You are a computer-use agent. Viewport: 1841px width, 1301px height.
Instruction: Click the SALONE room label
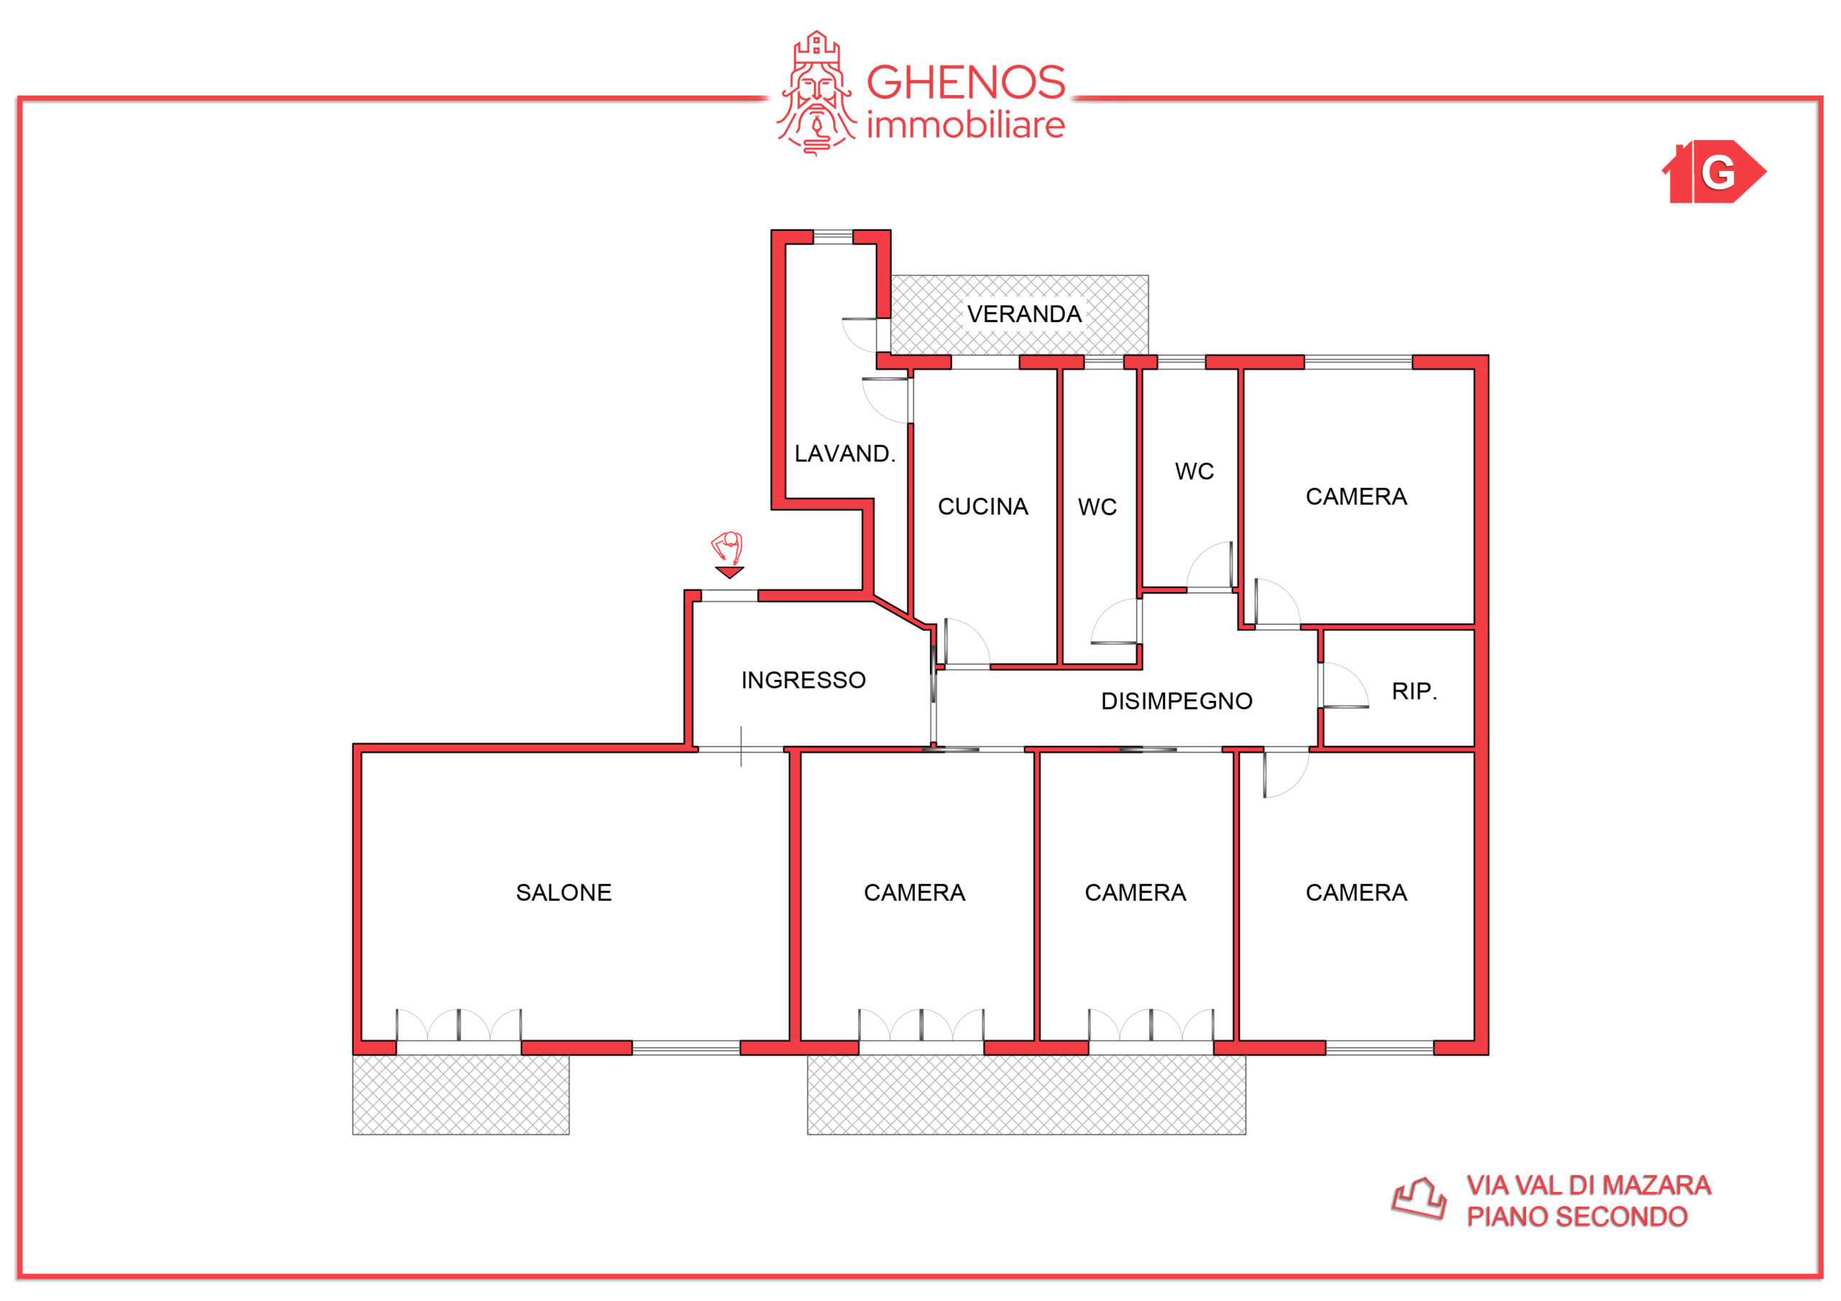[564, 892]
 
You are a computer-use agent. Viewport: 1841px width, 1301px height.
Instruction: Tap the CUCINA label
[983, 507]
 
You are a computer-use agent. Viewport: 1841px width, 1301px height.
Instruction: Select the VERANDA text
[1024, 313]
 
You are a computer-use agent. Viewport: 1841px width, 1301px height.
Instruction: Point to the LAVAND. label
[844, 454]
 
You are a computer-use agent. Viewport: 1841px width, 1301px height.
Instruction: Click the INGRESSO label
[803, 680]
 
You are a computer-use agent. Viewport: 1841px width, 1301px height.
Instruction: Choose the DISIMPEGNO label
[1177, 702]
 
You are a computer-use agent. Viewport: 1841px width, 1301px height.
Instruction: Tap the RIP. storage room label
[1415, 691]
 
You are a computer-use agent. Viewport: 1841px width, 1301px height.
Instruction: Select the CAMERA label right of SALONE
[914, 892]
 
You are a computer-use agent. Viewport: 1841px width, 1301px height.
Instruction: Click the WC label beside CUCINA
[1097, 507]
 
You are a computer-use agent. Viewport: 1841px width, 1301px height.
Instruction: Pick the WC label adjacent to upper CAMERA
[1194, 472]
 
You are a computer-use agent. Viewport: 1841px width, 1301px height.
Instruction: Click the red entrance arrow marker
[730, 572]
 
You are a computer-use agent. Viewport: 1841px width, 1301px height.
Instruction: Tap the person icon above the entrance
[727, 548]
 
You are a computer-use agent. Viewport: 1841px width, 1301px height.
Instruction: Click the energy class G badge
[1714, 172]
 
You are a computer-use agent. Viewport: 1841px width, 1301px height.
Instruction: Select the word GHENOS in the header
[965, 83]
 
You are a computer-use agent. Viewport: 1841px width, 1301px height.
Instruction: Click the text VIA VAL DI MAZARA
[1589, 1185]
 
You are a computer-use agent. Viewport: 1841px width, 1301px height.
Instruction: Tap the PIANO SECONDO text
[1576, 1217]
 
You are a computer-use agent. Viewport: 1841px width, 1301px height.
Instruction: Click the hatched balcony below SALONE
[461, 1094]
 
